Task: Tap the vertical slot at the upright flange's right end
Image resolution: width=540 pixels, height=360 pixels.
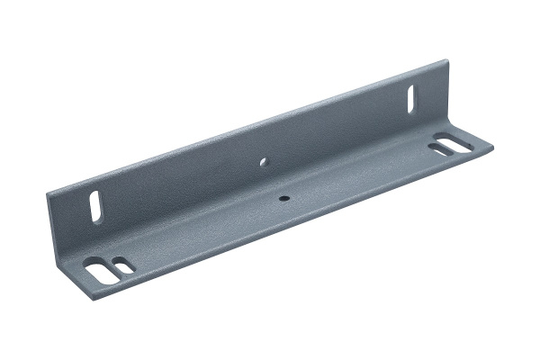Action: click(x=412, y=95)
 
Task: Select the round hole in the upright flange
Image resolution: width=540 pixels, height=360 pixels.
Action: click(x=264, y=163)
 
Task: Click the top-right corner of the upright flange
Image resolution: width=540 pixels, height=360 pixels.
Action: click(x=446, y=60)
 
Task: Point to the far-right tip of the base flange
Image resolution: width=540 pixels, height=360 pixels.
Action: click(x=493, y=141)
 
